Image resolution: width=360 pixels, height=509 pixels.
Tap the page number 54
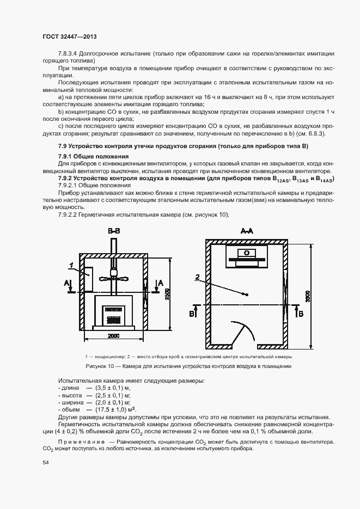coord(46,462)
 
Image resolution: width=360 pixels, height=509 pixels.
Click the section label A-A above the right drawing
coord(247,231)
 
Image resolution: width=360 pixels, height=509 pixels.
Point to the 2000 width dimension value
coord(113,336)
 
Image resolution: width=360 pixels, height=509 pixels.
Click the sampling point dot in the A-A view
coord(247,295)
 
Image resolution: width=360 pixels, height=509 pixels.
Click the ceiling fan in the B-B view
coord(114,278)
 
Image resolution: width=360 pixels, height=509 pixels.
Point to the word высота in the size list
coord(71,395)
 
